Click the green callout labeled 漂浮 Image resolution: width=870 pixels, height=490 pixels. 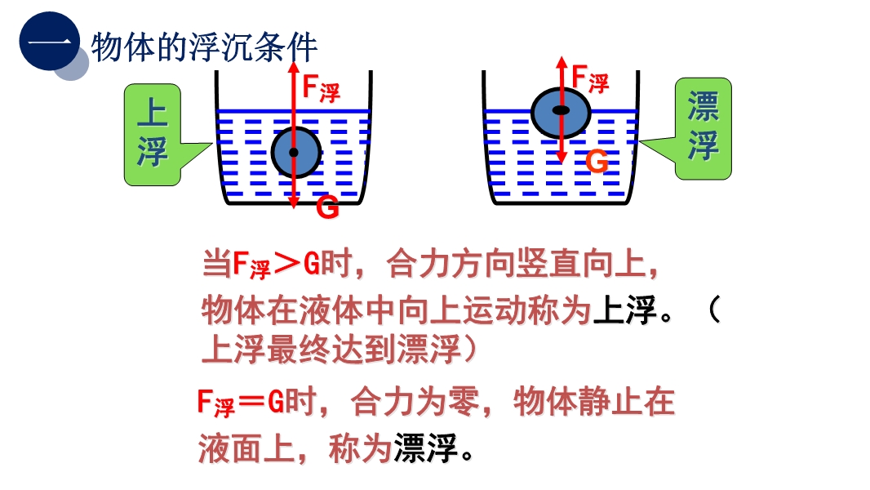(x=703, y=127)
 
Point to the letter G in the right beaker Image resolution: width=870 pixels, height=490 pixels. (x=597, y=162)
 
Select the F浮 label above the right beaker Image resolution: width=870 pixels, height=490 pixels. (x=589, y=78)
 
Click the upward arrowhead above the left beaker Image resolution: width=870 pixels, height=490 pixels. (x=294, y=65)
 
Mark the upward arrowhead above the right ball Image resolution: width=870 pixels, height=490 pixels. (x=562, y=60)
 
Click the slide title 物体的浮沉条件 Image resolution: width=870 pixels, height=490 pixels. (x=203, y=47)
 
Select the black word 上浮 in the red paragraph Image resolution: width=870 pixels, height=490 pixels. (x=626, y=310)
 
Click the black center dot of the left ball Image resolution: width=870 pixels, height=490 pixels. (x=294, y=153)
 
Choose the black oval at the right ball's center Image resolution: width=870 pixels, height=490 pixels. (x=561, y=109)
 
